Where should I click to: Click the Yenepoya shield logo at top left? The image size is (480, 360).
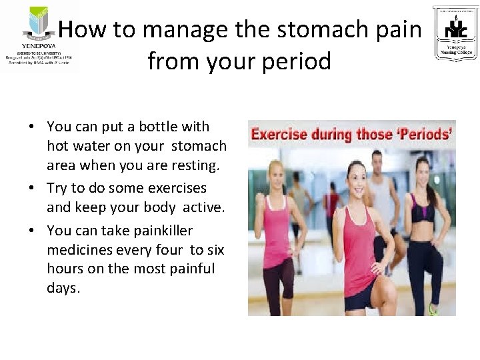click(39, 24)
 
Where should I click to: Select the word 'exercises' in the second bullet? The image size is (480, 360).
click(175, 188)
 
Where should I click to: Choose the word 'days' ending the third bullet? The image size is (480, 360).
click(63, 288)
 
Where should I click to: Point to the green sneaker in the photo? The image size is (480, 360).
click(432, 309)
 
